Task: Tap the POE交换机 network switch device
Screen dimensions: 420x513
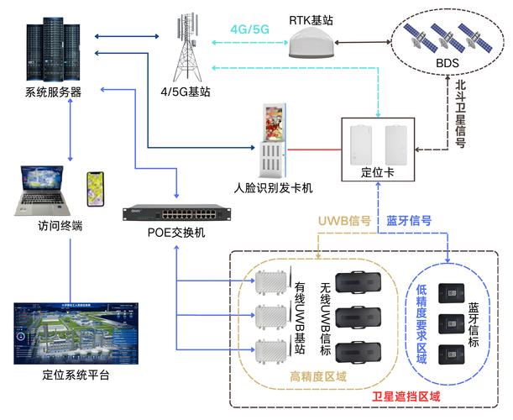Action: pos(175,215)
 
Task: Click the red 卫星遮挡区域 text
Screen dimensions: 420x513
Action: pos(406,396)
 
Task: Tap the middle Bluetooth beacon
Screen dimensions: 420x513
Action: pos(453,321)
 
